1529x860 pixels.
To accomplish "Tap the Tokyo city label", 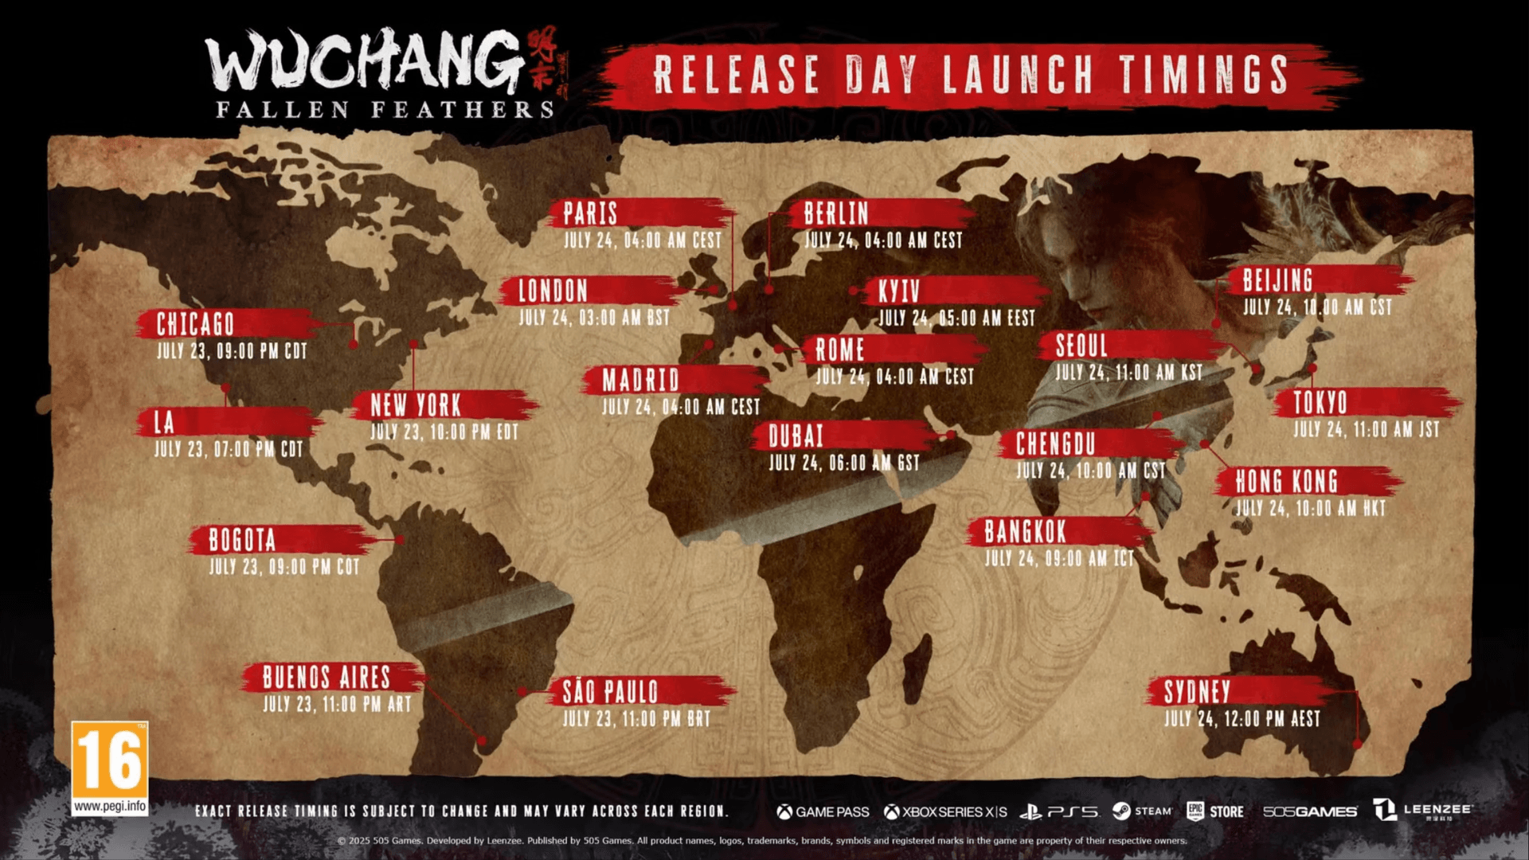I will pos(1320,403).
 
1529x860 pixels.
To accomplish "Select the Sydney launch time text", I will pos(1242,719).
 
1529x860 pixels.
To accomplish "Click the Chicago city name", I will pos(195,325).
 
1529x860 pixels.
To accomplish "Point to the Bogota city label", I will pos(242,541).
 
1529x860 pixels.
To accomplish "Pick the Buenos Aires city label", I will pos(327,678).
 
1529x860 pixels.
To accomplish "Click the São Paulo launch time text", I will pos(636,719).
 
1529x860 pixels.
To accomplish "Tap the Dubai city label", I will pos(796,436).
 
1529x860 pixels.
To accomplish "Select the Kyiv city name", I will pos(898,291).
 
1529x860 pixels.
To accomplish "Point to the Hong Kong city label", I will pos(1286,482).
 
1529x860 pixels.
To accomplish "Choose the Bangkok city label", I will pos(1024,532).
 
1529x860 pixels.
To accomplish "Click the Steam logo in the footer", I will pos(1142,811).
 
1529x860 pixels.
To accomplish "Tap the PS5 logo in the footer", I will pos(1059,811).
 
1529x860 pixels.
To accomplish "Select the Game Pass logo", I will pos(823,811).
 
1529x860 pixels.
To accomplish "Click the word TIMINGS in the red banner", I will pos(1203,75).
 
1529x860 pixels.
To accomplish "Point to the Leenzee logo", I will pos(1422,811).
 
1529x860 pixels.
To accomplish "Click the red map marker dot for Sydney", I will pos(1358,744).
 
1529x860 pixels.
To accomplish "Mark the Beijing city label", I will pos(1277,281).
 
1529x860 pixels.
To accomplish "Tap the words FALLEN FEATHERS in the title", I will pos(385,110).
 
